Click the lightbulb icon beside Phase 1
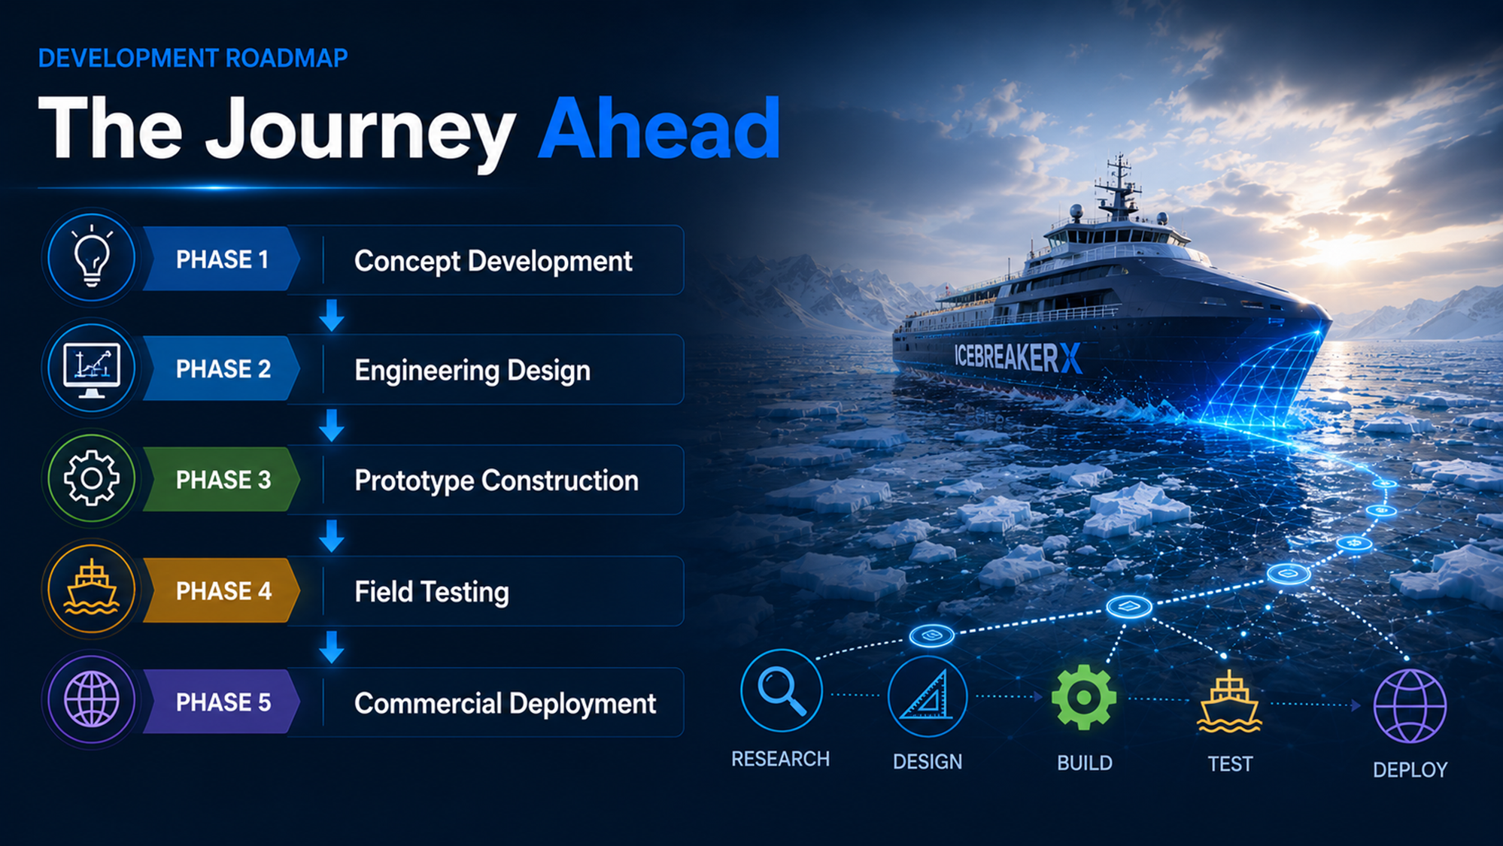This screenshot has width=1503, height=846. pyautogui.click(x=92, y=256)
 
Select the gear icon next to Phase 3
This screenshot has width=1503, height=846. pyautogui.click(x=92, y=478)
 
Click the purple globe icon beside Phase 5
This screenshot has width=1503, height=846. pyautogui.click(x=92, y=699)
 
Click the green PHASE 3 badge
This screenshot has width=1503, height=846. pyautogui.click(x=221, y=480)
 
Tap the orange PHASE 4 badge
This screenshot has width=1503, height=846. pyautogui.click(x=221, y=591)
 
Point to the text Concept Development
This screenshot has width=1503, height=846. pyautogui.click(x=493, y=261)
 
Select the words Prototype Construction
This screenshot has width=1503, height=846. pyautogui.click(x=496, y=481)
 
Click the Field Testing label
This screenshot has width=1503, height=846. pyautogui.click(x=432, y=592)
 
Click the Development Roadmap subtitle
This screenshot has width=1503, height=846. pyautogui.click(x=193, y=58)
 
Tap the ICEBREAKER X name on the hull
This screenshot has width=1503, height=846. pyautogui.click(x=1018, y=357)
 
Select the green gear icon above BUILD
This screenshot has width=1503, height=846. pyautogui.click(x=1084, y=697)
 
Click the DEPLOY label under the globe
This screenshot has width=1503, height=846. pyautogui.click(x=1410, y=770)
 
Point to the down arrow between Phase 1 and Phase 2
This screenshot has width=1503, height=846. pyautogui.click(x=332, y=315)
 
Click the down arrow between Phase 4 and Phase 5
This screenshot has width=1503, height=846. pyautogui.click(x=332, y=647)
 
